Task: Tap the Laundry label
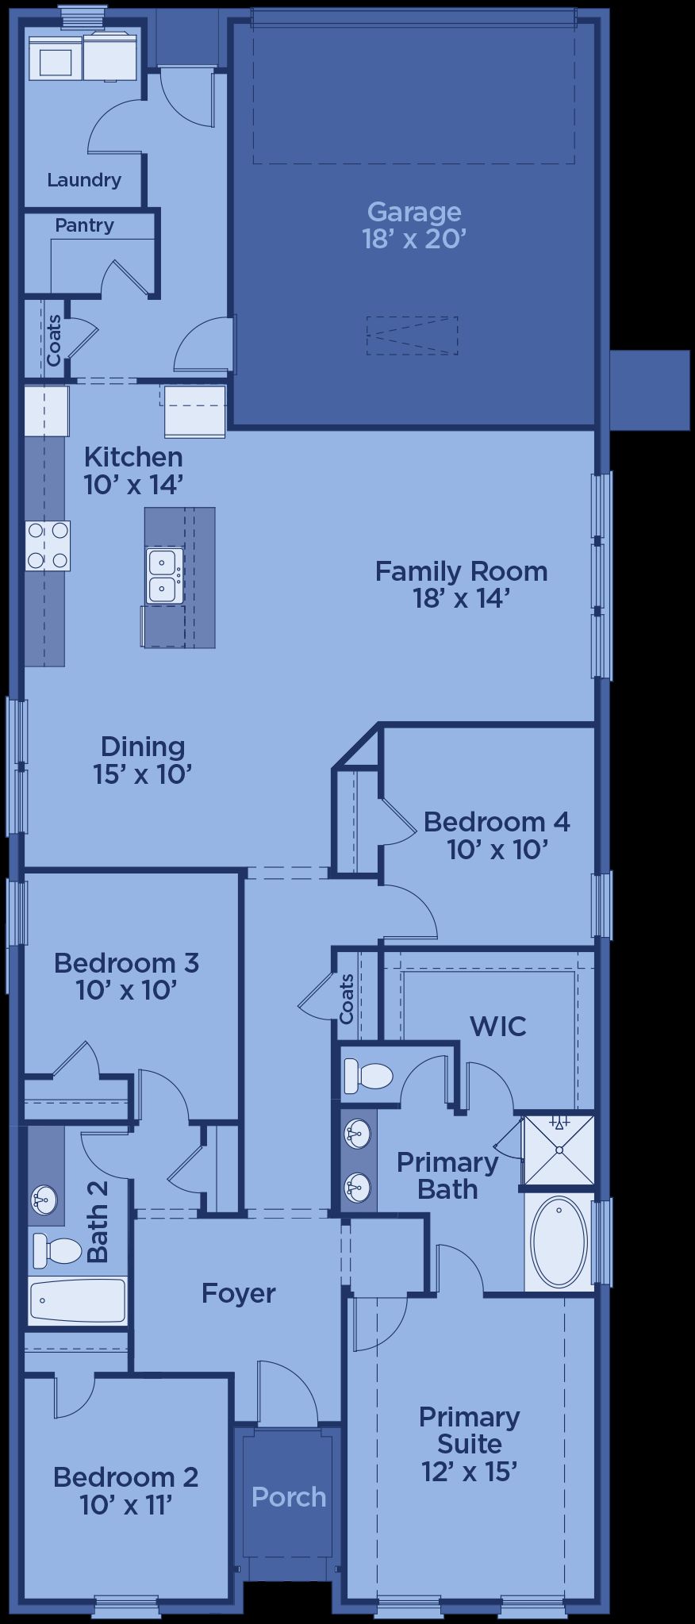(x=84, y=180)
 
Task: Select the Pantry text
(x=84, y=225)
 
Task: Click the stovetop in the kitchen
(x=48, y=546)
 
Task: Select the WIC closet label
(x=497, y=1026)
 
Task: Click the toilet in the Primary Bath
(x=368, y=1077)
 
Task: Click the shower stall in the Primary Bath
(x=559, y=1150)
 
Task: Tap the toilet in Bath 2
(x=57, y=1251)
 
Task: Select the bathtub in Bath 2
(x=78, y=1300)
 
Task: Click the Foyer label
(x=238, y=1293)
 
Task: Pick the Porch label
(x=289, y=1497)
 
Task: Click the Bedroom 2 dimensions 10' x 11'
(x=126, y=1504)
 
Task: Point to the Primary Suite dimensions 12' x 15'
(x=470, y=1472)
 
